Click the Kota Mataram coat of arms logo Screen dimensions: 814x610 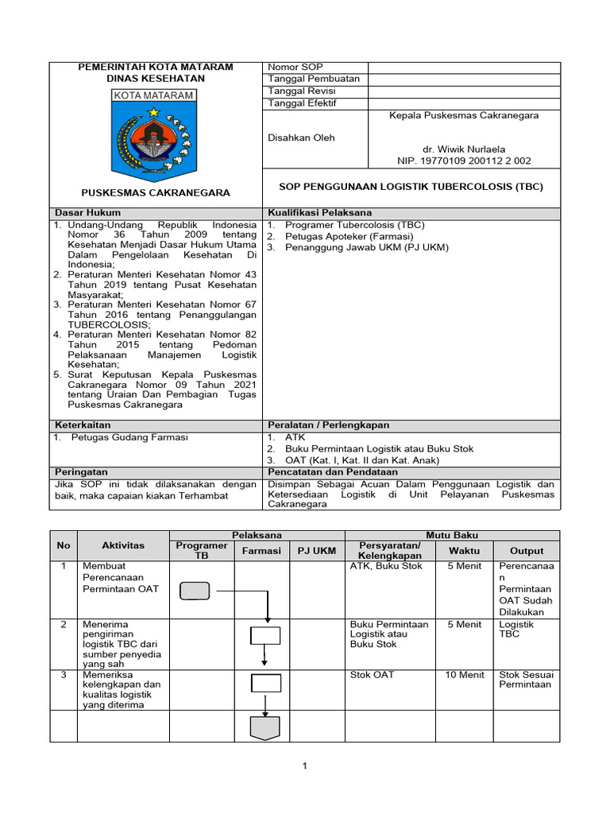click(155, 135)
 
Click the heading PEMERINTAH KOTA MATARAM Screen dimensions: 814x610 click(155, 68)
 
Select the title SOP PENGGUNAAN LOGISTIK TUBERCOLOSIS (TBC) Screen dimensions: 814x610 click(411, 187)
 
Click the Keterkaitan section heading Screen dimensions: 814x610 click(83, 425)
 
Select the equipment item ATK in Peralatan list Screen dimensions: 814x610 click(295, 437)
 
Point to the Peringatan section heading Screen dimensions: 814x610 click(80, 471)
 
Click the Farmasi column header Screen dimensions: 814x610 click(261, 551)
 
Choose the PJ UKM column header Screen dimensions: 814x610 click(316, 551)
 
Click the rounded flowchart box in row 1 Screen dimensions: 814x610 click(195, 591)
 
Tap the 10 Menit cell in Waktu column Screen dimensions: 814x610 click(465, 675)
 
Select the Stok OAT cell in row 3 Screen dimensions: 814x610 click(372, 675)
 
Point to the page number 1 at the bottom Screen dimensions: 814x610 click(304, 766)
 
